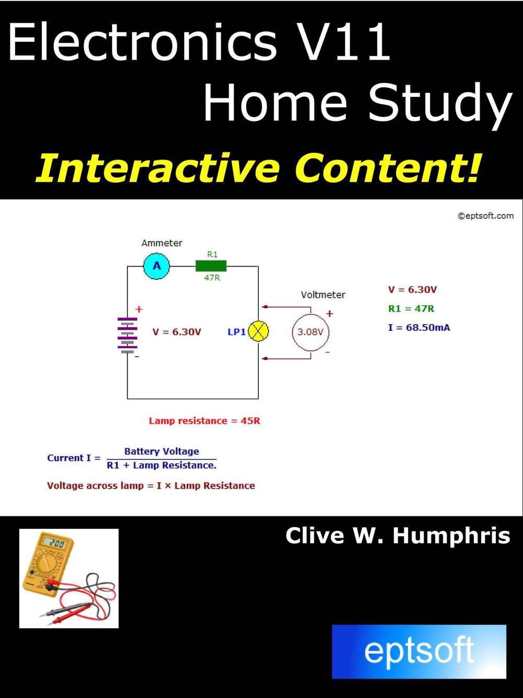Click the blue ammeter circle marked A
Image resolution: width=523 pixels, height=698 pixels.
click(x=156, y=266)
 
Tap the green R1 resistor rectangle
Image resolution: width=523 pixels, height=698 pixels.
click(x=211, y=266)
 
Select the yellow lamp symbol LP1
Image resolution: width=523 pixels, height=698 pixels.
click(x=258, y=331)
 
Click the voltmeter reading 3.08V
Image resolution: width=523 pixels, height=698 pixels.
click(x=310, y=332)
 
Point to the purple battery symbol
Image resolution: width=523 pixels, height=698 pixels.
click(x=127, y=336)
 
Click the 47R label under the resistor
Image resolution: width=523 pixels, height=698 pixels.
click(x=212, y=278)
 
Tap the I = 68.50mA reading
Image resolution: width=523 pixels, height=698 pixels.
click(x=419, y=328)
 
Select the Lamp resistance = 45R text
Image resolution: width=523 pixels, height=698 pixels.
click(x=204, y=420)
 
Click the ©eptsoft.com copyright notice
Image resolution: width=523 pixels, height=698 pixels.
click(x=485, y=216)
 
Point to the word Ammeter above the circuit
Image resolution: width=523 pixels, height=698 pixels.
click(x=162, y=243)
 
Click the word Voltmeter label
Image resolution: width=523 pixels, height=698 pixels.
click(x=323, y=295)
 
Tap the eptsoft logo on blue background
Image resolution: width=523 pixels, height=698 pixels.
click(x=419, y=651)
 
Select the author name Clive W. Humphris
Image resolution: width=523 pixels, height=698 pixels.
click(x=397, y=536)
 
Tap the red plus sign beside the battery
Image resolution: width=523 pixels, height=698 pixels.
click(x=139, y=309)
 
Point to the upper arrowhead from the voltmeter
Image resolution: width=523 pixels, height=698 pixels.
click(x=265, y=307)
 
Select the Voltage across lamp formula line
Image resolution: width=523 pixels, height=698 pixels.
click(x=151, y=485)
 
